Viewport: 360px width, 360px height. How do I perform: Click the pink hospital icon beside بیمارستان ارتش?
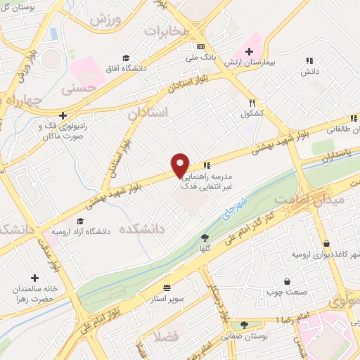click(x=247, y=52)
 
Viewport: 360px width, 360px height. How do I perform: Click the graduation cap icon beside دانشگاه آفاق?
click(x=126, y=58)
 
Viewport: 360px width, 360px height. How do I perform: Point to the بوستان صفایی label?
click(x=244, y=337)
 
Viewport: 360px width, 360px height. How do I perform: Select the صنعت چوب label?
click(x=279, y=292)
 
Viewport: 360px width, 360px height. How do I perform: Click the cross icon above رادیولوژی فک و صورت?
click(x=63, y=115)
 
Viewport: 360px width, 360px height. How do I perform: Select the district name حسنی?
click(x=78, y=89)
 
